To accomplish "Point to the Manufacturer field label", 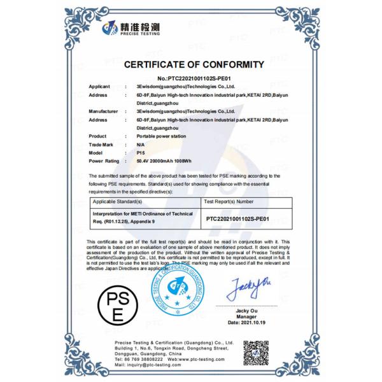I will (x=103, y=111).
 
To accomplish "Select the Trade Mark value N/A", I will (x=140, y=145).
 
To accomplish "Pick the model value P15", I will (x=140, y=153).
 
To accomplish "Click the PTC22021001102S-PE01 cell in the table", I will (x=239, y=218).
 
